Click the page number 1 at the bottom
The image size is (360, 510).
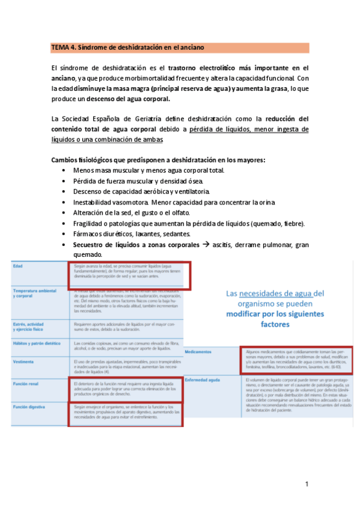[x=307, y=484]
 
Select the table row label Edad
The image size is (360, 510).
[x=19, y=265]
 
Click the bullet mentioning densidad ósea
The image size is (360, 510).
[x=138, y=181]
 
